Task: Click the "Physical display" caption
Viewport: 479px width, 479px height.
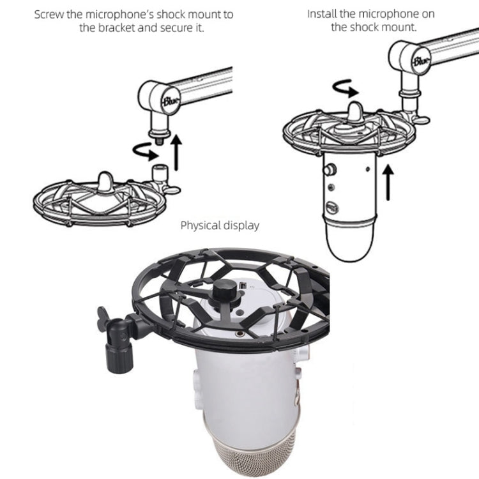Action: pos(220,225)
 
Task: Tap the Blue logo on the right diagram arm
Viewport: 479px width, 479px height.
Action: pos(421,60)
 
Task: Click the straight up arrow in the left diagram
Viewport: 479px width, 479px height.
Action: pos(176,152)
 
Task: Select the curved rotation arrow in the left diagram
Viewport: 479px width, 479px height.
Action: pos(145,152)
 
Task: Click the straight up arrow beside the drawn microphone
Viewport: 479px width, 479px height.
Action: pos(388,182)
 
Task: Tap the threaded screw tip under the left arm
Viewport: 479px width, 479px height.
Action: pos(158,141)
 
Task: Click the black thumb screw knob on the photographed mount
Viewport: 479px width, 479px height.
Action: pos(225,290)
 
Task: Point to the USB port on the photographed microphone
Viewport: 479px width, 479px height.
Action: pos(243,286)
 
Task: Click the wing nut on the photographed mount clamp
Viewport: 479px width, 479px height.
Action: pos(102,319)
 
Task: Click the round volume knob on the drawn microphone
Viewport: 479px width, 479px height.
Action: pos(330,169)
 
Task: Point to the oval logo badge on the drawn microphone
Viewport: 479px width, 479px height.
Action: pos(332,208)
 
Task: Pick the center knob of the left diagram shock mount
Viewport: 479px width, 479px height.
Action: pos(105,183)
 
